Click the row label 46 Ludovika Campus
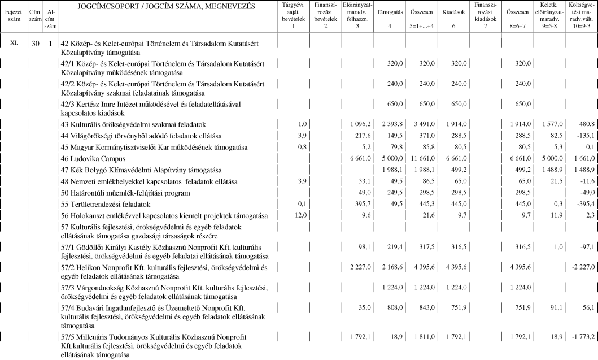click(x=91, y=159)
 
